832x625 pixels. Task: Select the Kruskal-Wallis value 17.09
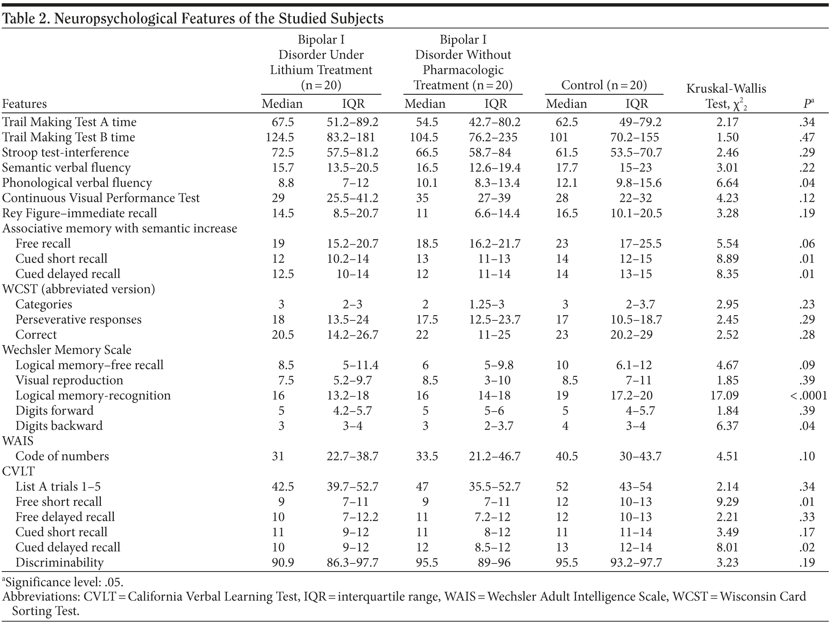[727, 395]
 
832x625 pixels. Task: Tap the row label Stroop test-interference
[66, 152]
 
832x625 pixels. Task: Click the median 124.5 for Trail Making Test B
[279, 137]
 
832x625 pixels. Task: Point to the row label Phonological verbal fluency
[77, 183]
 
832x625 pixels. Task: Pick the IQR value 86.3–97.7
[352, 562]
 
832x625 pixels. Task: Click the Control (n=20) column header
[604, 85]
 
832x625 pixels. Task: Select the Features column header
[24, 104]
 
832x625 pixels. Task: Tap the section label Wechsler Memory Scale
[67, 350]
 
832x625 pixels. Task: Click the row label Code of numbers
[62, 456]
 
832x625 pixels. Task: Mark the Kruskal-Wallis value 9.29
[727, 501]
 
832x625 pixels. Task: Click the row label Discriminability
[60, 562]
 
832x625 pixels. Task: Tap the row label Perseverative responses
[79, 319]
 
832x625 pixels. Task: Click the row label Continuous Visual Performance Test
[101, 198]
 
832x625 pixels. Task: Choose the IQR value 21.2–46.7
[495, 456]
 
